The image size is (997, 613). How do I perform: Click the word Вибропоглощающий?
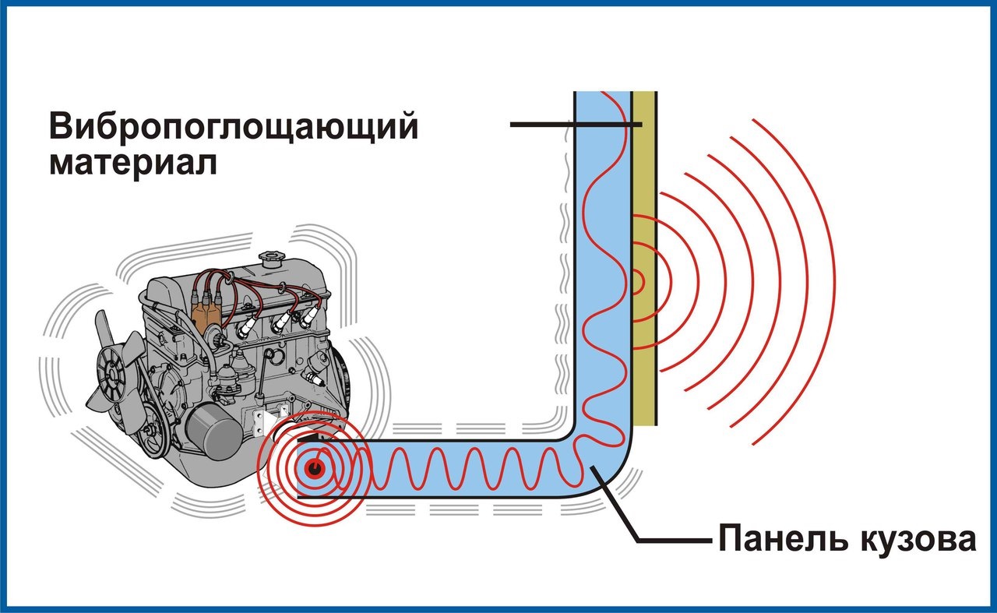pyautogui.click(x=234, y=126)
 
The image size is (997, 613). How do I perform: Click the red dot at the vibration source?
pyautogui.click(x=315, y=468)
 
